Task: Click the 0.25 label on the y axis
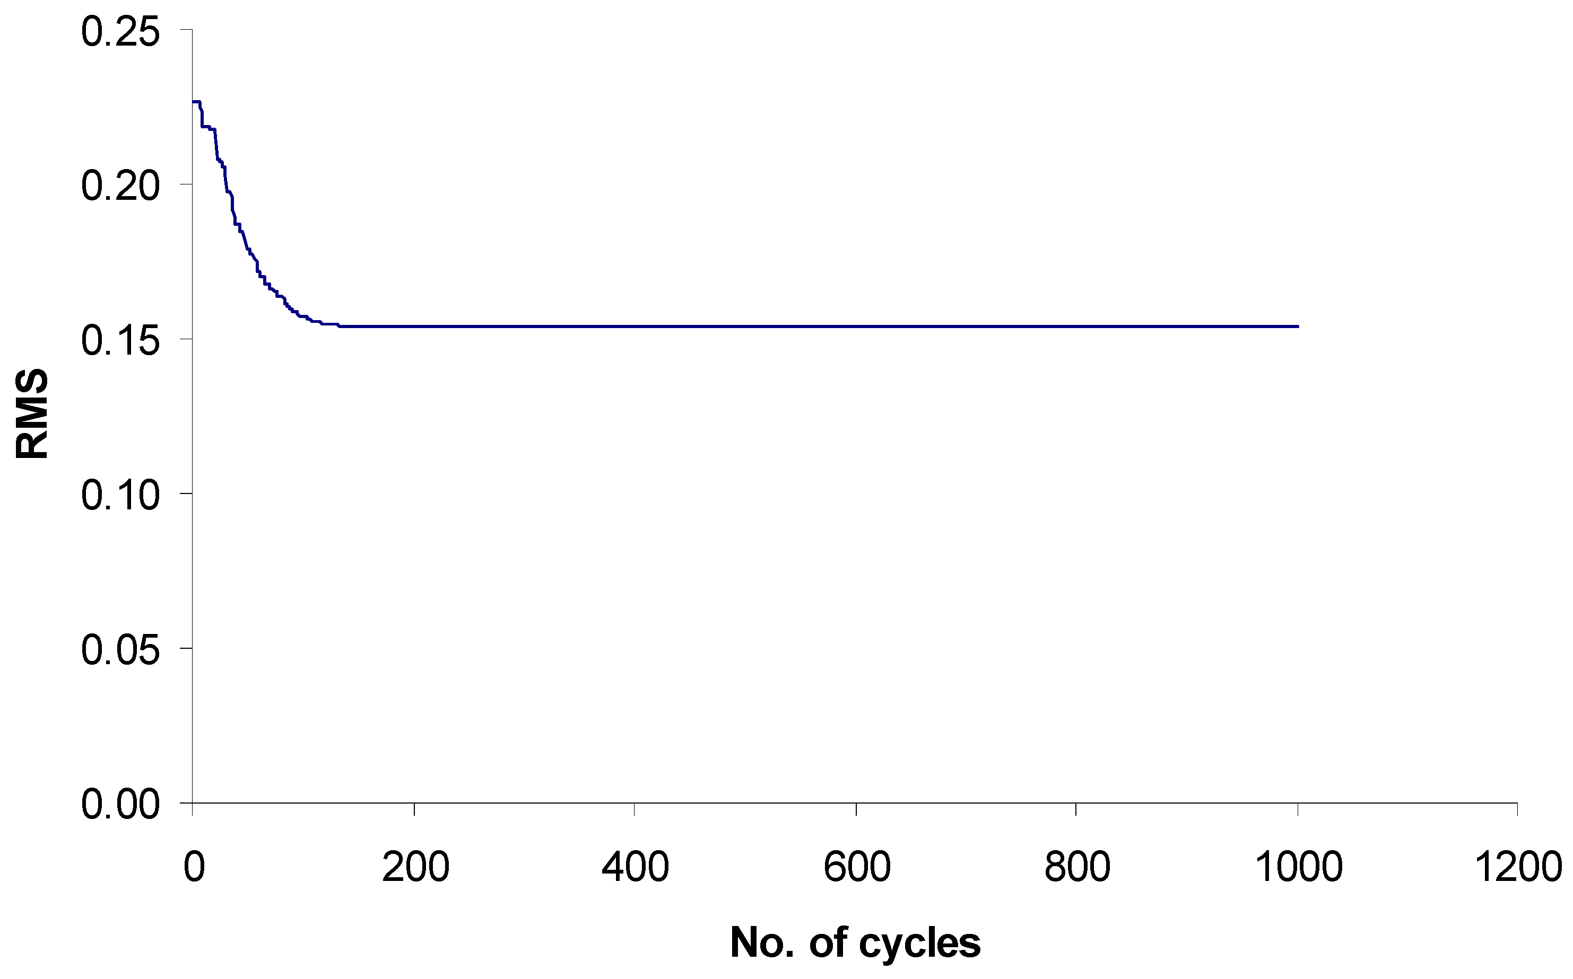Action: (120, 32)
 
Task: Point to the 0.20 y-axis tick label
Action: (120, 187)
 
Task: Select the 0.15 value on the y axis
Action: (120, 341)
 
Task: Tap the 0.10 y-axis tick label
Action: (120, 496)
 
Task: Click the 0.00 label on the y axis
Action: (120, 805)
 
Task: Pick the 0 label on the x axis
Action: (194, 867)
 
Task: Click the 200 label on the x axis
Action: (415, 867)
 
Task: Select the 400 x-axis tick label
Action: (635, 867)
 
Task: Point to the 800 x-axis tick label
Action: (1077, 867)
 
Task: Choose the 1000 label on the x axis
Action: (1299, 867)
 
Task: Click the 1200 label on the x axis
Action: (1519, 867)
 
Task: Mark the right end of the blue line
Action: (1298, 327)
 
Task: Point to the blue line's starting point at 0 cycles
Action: (193, 102)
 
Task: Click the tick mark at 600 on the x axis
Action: (856, 809)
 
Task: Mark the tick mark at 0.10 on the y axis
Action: (186, 493)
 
